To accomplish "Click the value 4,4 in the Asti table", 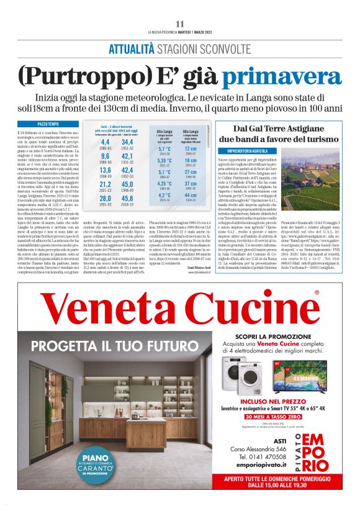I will (105, 142).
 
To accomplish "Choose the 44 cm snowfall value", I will (190, 196).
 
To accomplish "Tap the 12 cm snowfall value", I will (190, 148).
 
